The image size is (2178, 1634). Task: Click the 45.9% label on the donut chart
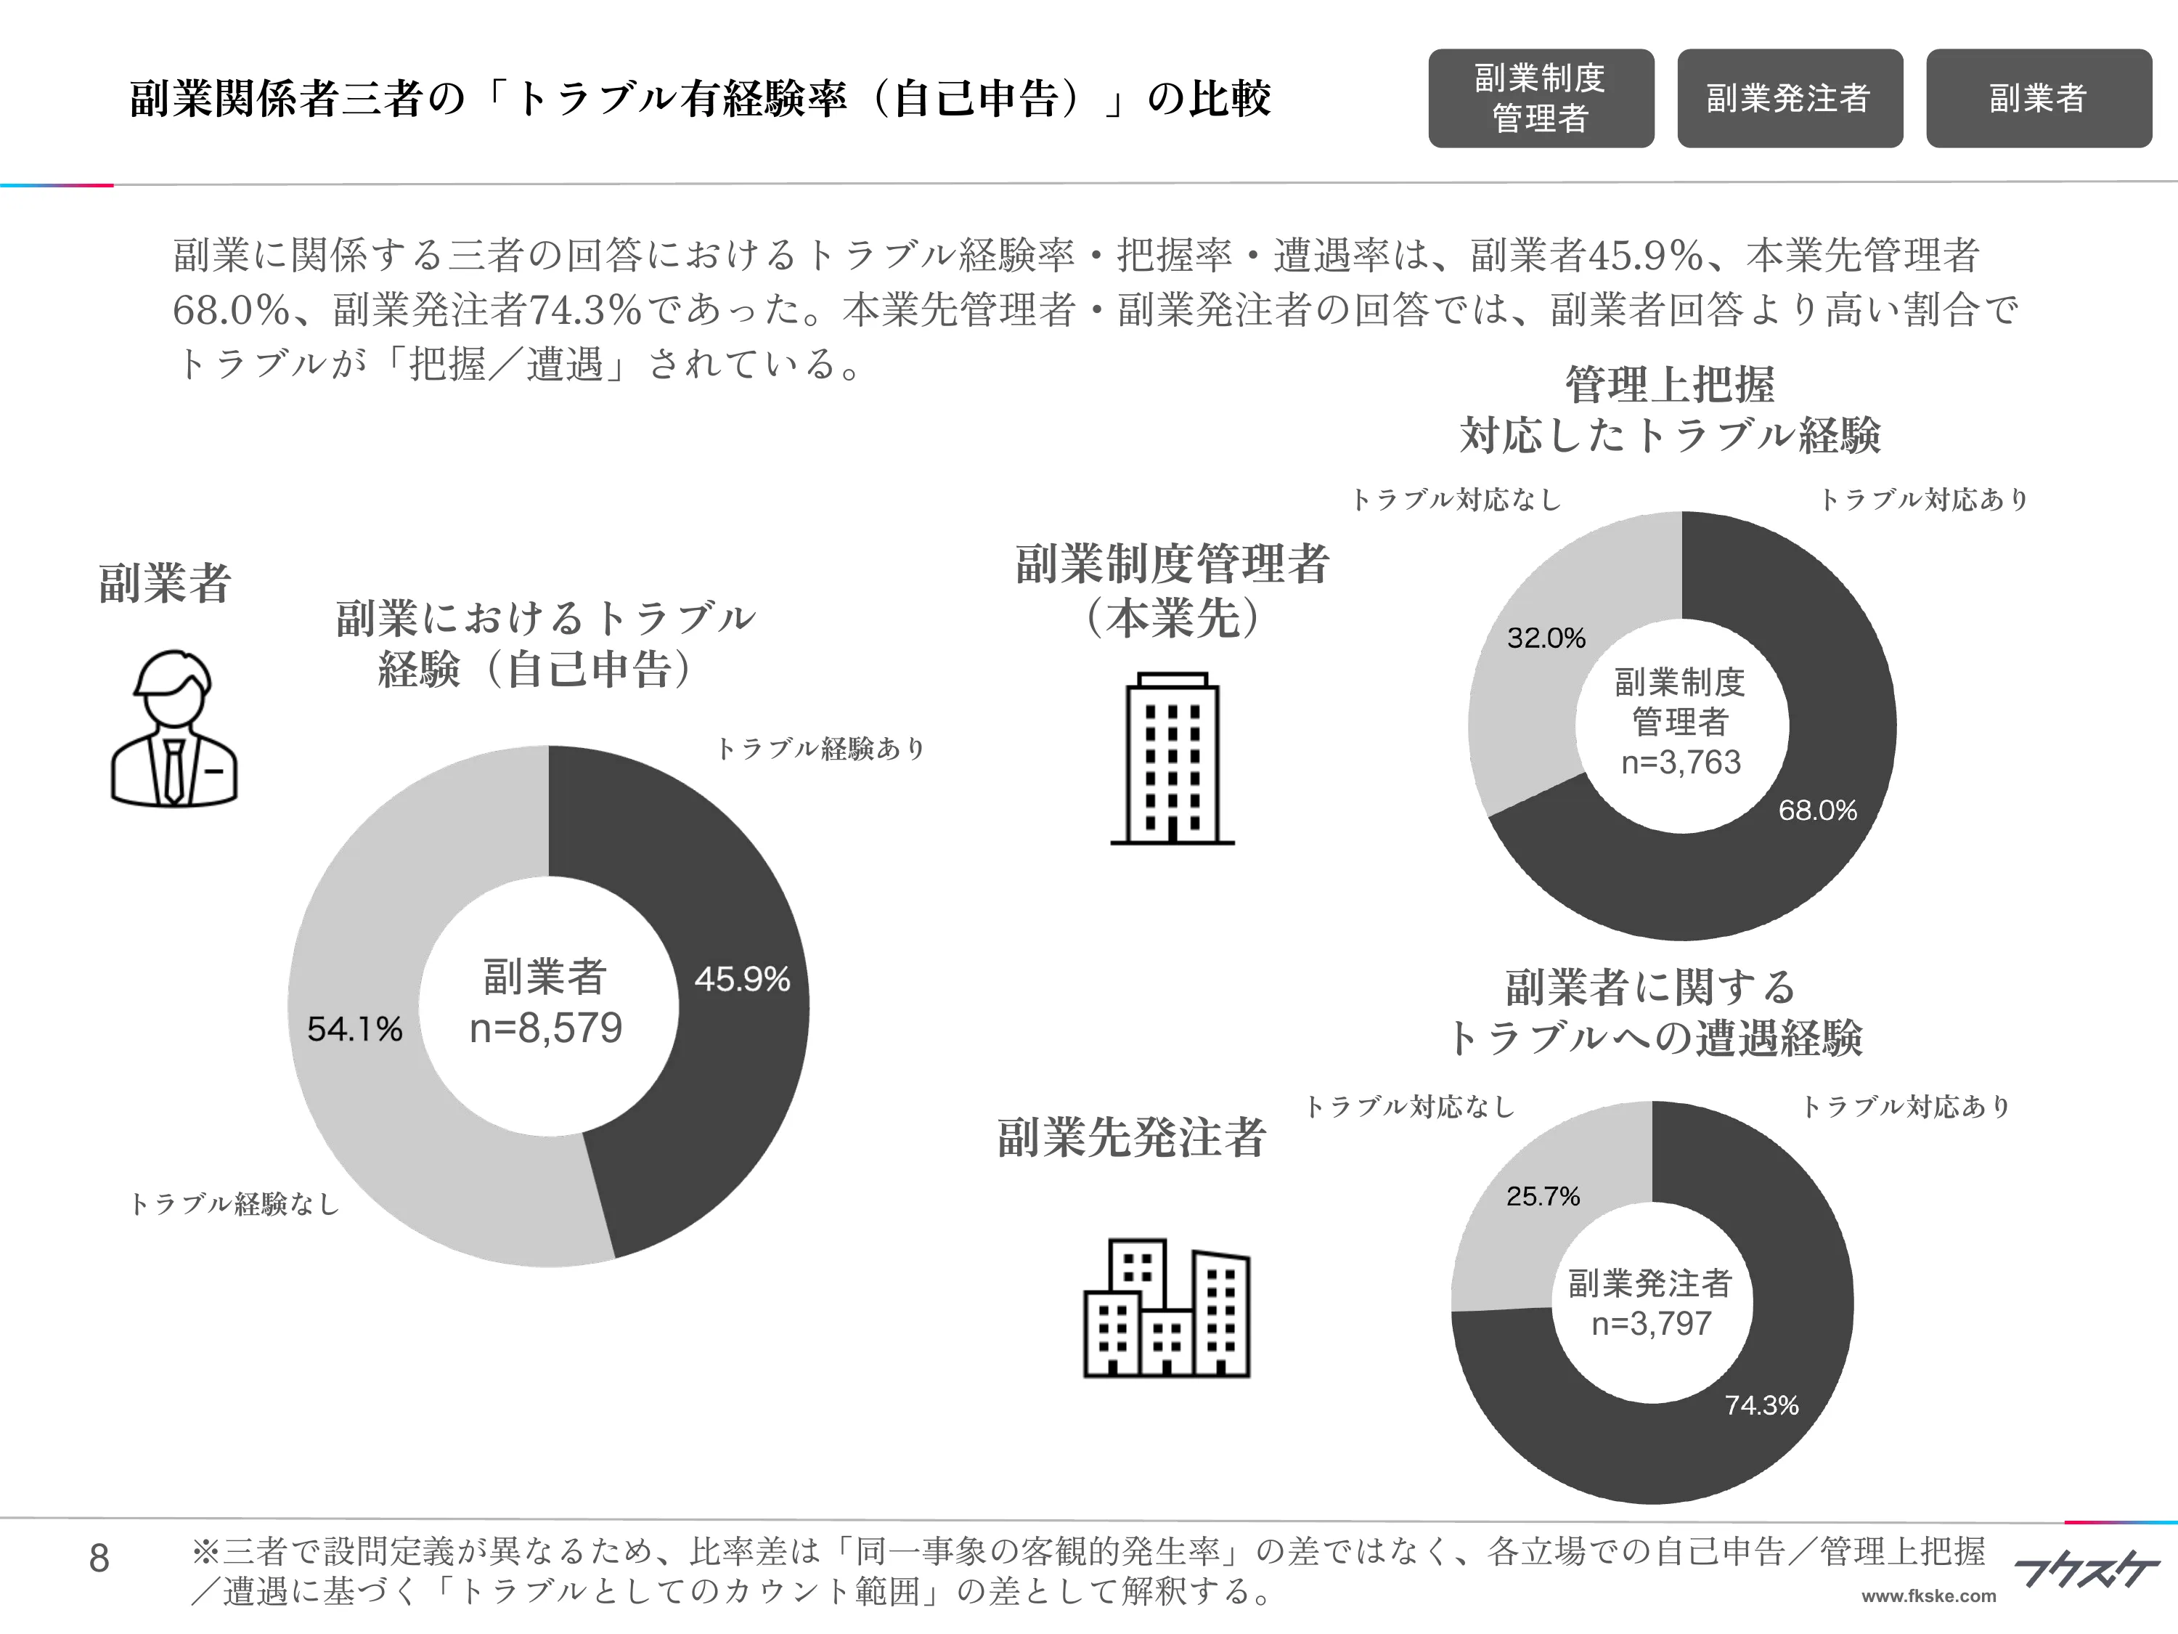point(741,979)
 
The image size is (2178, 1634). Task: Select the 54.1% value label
point(354,1029)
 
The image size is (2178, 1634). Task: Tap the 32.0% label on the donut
point(1546,638)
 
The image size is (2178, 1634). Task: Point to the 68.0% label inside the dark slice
point(1816,810)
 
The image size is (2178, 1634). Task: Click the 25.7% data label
point(1543,1197)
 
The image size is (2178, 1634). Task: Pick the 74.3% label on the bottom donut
point(1761,1405)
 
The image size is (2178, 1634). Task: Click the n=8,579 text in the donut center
point(545,1028)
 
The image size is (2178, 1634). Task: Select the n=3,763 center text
point(1681,763)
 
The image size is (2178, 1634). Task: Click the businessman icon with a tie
point(174,729)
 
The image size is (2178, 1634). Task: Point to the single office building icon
point(1172,758)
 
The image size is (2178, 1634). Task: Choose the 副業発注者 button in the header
point(1789,99)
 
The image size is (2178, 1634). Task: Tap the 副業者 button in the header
point(2038,99)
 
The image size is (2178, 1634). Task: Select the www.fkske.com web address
point(1928,1596)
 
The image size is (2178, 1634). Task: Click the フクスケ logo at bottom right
point(2086,1570)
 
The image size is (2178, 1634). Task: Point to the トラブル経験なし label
point(234,1203)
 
